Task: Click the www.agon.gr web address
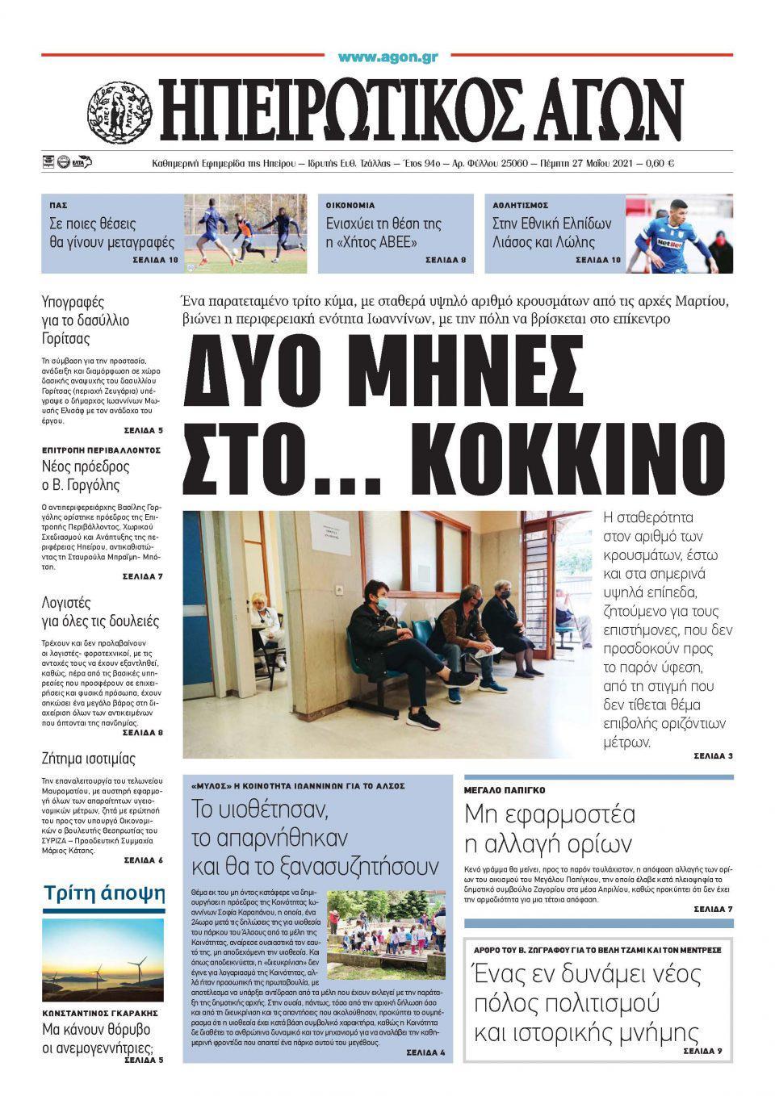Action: pos(387,57)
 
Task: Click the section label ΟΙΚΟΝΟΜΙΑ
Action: pos(350,206)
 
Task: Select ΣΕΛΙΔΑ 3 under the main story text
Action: pos(713,756)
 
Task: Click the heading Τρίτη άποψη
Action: pos(104,893)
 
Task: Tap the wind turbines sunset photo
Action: pos(103,959)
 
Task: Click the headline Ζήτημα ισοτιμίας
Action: pos(89,759)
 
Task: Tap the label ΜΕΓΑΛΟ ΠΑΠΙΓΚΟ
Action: pos(505,790)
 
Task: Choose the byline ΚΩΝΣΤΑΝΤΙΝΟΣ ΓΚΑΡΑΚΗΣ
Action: pos(99,1012)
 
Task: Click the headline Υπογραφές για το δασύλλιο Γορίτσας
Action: pos(85,321)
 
